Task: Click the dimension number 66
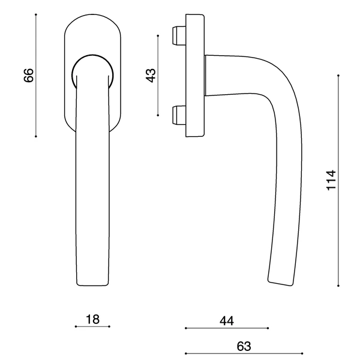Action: pos(28,75)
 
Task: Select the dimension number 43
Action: pos(151,75)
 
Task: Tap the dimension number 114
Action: pos(331,181)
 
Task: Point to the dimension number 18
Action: pos(92,319)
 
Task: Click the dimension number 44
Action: pos(226,321)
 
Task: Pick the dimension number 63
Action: pos(244,346)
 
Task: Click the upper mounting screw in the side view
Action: pos(178,35)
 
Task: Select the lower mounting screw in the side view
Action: pos(178,115)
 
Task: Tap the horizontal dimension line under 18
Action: pos(92,327)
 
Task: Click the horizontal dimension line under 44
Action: pos(226,329)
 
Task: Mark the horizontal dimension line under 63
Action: pos(244,353)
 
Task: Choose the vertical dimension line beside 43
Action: pos(158,75)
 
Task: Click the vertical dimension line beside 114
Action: pos(339,181)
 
